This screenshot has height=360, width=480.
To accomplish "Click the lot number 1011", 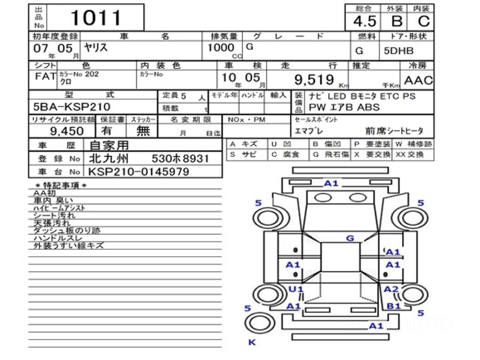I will click(96, 18).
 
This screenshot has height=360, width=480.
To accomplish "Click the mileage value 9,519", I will click(314, 80).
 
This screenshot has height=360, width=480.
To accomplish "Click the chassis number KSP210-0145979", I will click(138, 172).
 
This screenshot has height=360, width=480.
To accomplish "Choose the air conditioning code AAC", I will click(418, 80).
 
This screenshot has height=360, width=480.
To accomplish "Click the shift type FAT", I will click(43, 77).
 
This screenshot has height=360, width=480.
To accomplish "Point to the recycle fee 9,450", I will click(67, 131).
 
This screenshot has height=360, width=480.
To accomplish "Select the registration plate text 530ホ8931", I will click(180, 159).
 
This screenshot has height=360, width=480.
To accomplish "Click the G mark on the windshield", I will click(350, 238).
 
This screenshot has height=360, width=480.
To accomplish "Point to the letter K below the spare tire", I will click(252, 342).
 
